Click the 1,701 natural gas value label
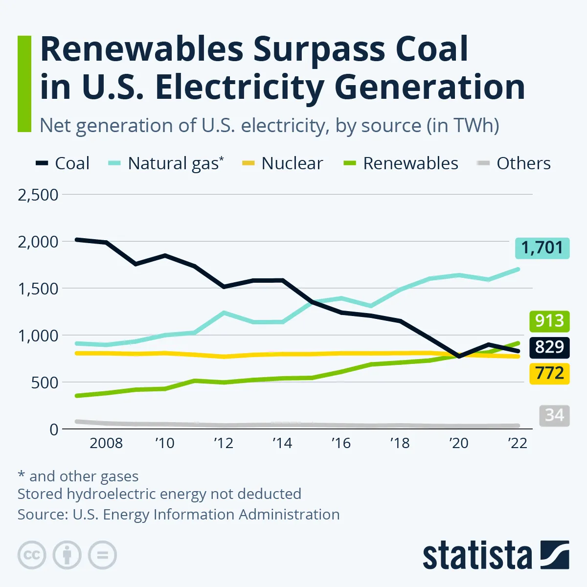(542, 248)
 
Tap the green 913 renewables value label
(549, 321)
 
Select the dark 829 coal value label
(549, 347)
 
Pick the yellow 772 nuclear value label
(549, 374)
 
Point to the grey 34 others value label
(554, 415)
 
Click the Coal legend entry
(63, 163)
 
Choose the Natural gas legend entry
(166, 163)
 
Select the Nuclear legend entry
(283, 163)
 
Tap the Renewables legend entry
(401, 163)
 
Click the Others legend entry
(514, 163)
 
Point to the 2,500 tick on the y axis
(38, 195)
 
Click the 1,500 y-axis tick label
(38, 289)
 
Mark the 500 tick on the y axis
(45, 383)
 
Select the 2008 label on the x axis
(106, 443)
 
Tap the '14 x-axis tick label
(282, 443)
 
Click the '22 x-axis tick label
(518, 443)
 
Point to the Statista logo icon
(555, 555)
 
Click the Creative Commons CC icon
(32, 555)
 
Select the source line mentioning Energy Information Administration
(179, 515)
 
